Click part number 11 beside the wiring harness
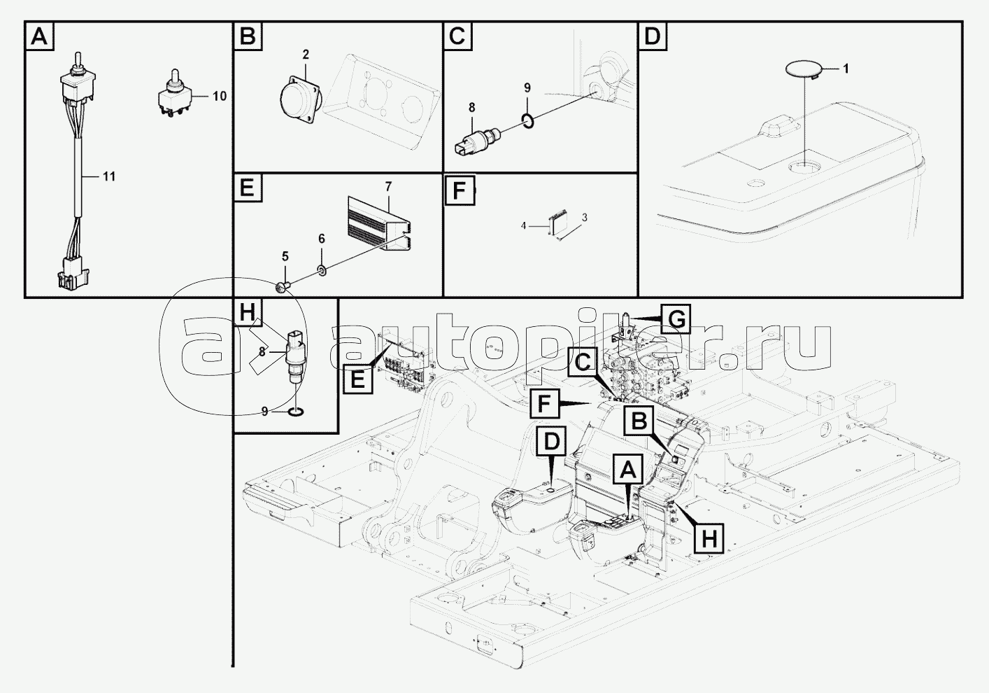[108, 176]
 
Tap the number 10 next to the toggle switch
[219, 96]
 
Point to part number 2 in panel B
[306, 55]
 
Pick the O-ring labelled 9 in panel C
[528, 122]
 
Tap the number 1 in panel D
[845, 69]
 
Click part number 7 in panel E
[388, 186]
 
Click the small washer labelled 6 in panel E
[321, 270]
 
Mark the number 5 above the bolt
[285, 256]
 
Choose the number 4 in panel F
[522, 225]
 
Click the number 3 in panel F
[584, 218]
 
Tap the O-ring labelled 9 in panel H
[296, 412]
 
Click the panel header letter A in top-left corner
[40, 36]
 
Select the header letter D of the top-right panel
[652, 36]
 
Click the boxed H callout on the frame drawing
[709, 538]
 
